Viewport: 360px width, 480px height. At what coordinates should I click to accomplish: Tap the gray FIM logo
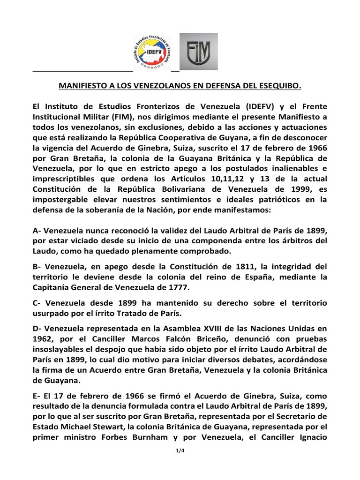pos(199,52)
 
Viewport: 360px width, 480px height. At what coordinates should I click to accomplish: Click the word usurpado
pos(50,312)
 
